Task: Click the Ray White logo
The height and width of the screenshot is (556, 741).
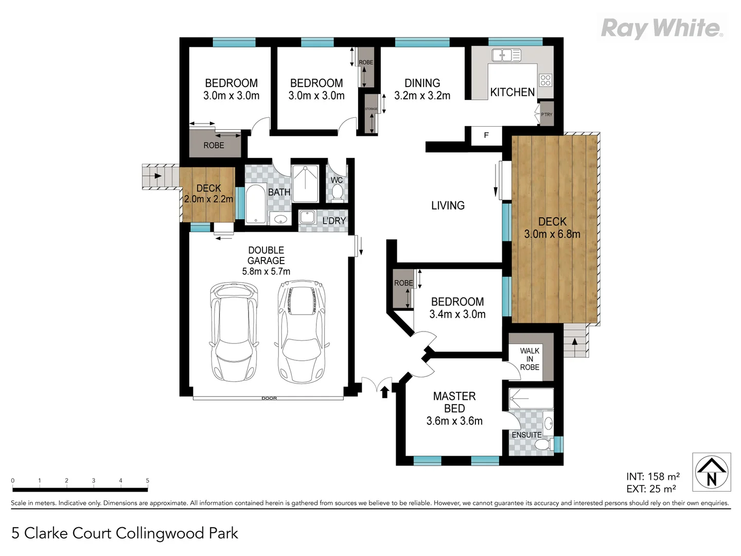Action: (662, 28)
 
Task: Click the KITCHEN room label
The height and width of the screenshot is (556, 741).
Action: (512, 92)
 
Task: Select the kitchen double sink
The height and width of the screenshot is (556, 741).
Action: (506, 55)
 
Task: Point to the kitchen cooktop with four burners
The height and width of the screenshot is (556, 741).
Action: (545, 80)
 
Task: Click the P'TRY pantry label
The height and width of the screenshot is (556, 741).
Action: (546, 114)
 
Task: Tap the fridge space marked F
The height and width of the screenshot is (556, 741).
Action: (486, 135)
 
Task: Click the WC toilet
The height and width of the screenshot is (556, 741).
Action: (338, 193)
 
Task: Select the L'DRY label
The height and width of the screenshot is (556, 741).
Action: (334, 221)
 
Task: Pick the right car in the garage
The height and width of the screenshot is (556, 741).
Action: (302, 331)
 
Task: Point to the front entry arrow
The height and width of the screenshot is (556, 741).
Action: (384, 392)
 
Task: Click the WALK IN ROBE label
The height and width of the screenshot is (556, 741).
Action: (530, 359)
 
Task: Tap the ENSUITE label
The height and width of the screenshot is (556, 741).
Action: (526, 435)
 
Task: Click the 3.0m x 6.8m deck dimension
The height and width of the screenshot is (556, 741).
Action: (552, 234)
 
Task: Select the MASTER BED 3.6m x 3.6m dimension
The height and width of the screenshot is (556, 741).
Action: (454, 421)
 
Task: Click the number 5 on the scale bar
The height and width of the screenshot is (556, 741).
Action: (148, 481)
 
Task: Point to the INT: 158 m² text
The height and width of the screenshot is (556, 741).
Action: (652, 477)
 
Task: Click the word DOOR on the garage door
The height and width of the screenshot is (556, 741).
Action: (269, 398)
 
